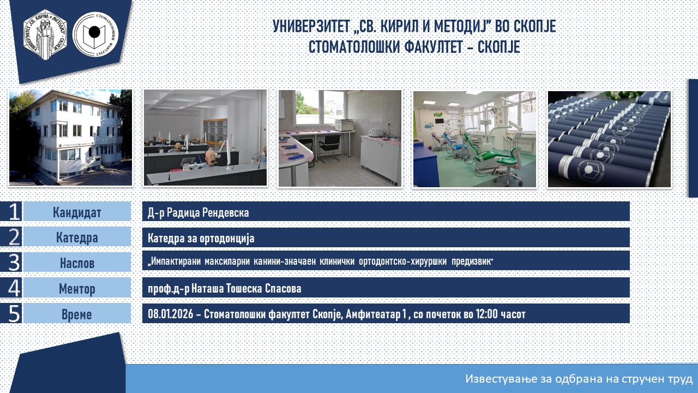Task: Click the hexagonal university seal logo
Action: pyautogui.click(x=45, y=34)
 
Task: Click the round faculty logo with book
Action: pyautogui.click(x=95, y=34)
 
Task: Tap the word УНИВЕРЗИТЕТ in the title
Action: pyautogui.click(x=311, y=26)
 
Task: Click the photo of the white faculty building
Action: pyautogui.click(x=70, y=138)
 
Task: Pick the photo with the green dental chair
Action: pyautogui.click(x=474, y=139)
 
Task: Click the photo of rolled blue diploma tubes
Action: pyautogui.click(x=609, y=139)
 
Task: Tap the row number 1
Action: pyautogui.click(x=14, y=211)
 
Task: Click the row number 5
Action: pyautogui.click(x=14, y=313)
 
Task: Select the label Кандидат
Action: pyautogui.click(x=77, y=212)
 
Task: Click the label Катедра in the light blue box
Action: pyautogui.click(x=77, y=237)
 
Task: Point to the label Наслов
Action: pyautogui.click(x=77, y=263)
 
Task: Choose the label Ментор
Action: pyautogui.click(x=77, y=289)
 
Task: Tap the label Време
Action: pyautogui.click(x=77, y=314)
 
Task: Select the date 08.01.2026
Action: pyautogui.click(x=171, y=314)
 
